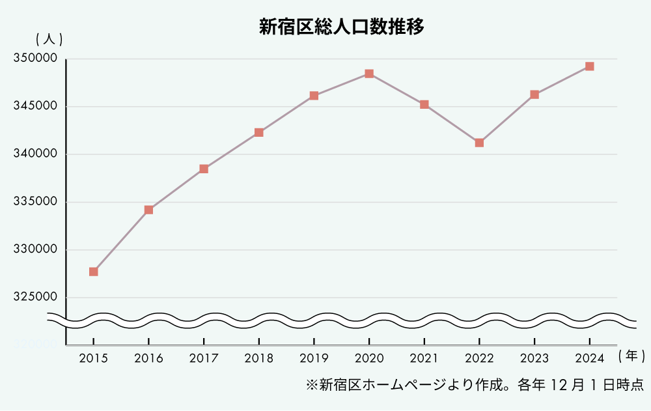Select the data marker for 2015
tap(94, 272)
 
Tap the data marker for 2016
tap(148, 210)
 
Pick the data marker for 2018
tap(259, 132)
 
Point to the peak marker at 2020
tap(369, 74)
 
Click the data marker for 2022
tap(479, 143)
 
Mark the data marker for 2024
tap(589, 66)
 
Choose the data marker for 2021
tap(424, 104)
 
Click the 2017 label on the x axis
tap(204, 358)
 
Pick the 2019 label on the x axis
tap(314, 358)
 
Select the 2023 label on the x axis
tap(534, 358)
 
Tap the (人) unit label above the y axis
tap(49, 39)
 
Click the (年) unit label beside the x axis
tap(631, 356)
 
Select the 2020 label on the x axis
tap(369, 358)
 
